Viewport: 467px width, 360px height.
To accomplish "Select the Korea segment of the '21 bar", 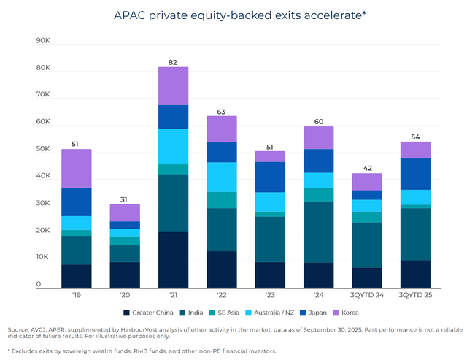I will (173, 86).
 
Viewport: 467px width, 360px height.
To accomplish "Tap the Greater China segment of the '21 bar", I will (173, 260).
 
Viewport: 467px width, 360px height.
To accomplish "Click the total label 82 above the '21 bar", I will (173, 61).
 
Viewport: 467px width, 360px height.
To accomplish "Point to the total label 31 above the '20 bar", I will (125, 199).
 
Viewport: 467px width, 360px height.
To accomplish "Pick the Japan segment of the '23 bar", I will (270, 177).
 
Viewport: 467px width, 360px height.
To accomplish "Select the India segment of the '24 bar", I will (318, 232).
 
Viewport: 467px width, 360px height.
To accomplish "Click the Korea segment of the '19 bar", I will (76, 169).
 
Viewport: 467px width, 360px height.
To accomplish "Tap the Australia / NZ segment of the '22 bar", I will (221, 177).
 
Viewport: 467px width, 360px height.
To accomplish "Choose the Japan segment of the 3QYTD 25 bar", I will (415, 174).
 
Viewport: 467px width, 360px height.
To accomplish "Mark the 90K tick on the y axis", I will (42, 42).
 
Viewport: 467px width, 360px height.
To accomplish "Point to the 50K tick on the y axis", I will (42, 150).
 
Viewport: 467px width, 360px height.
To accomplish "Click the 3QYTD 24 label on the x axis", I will (367, 295).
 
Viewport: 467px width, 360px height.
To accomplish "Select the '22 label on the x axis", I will (221, 295).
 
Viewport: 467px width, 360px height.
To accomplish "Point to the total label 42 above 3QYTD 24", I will (367, 167).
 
